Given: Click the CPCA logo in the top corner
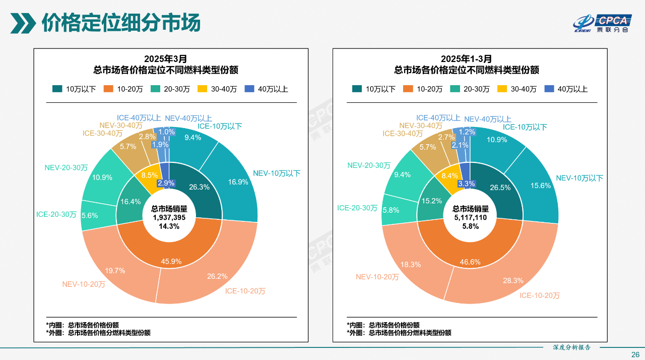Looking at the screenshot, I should tap(603, 23).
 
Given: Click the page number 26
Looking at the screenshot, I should tap(635, 354).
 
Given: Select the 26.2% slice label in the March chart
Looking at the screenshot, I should tap(217, 276).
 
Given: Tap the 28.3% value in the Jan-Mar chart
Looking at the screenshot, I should tap(513, 280).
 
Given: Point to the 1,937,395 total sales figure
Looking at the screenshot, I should tap(169, 217).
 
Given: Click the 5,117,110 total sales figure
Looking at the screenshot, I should tap(470, 217).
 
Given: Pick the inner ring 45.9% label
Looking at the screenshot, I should tap(171, 262).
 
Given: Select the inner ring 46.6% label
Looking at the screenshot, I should tap(470, 262).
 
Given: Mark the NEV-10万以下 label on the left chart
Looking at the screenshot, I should tap(276, 173).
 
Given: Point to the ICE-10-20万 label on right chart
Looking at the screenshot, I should tap(540, 295).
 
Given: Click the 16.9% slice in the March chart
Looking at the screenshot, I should tap(238, 182).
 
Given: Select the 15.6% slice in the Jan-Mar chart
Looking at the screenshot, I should tap(541, 186).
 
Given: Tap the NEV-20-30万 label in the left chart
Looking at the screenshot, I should tap(66, 167).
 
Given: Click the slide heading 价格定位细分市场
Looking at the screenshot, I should tap(121, 23).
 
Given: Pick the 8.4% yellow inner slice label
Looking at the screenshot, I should tap(449, 176).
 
